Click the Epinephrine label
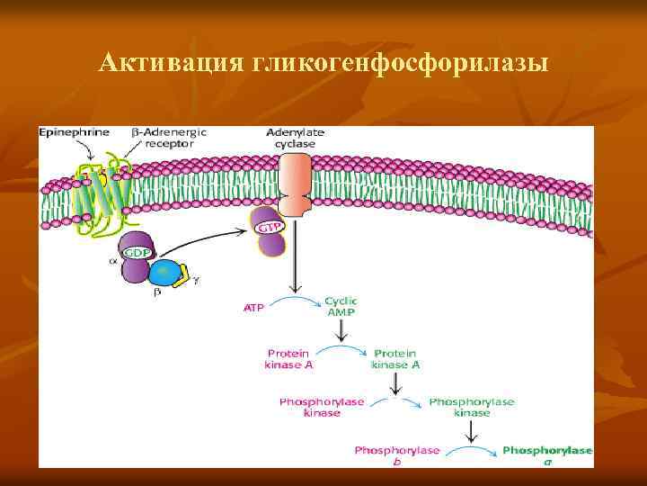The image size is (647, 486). click(x=74, y=132)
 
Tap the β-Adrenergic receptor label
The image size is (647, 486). click(x=170, y=137)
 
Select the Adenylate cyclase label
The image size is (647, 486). click(x=296, y=137)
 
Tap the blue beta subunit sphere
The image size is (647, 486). click(x=164, y=274)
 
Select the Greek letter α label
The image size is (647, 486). click(x=112, y=262)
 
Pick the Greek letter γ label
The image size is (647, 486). click(x=197, y=280)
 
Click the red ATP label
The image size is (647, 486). click(x=254, y=308)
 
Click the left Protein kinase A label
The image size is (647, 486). click(x=288, y=359)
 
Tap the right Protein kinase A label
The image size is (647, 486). click(x=396, y=359)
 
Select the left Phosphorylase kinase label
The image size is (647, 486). click(x=322, y=407)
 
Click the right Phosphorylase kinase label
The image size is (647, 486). click(x=472, y=407)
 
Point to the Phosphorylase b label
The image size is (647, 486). click(x=396, y=454)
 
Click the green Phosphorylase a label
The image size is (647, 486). click(x=547, y=454)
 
